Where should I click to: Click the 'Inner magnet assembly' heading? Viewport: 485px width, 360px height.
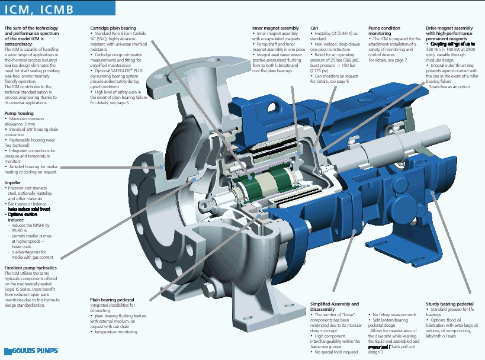pyautogui.click(x=272, y=28)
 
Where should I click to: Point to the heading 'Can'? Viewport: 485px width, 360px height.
pyautogui.click(x=314, y=28)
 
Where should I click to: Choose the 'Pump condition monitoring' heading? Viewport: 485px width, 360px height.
pyautogui.click(x=384, y=31)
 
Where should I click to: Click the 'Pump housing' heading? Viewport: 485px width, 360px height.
pyautogui.click(x=19, y=112)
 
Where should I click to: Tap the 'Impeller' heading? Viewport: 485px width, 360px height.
pyautogui.click(x=13, y=183)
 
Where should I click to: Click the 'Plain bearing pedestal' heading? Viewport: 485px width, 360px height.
pyautogui.click(x=113, y=300)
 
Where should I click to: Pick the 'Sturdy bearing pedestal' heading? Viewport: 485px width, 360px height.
pyautogui.click(x=450, y=304)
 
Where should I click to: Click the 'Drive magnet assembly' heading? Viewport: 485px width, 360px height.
pyautogui.click(x=449, y=28)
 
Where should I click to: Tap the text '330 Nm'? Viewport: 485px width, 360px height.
pyautogui.click(x=435, y=49)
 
